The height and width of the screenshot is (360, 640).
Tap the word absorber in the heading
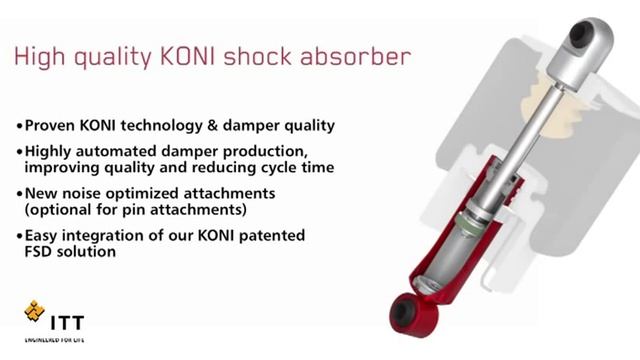[x=358, y=57]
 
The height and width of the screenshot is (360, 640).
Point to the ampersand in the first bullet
[x=220, y=127]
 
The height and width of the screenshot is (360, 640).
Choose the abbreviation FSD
[x=40, y=253]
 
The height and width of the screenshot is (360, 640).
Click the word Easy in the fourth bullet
[x=43, y=235]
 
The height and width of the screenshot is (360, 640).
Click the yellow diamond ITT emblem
[x=34, y=313]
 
